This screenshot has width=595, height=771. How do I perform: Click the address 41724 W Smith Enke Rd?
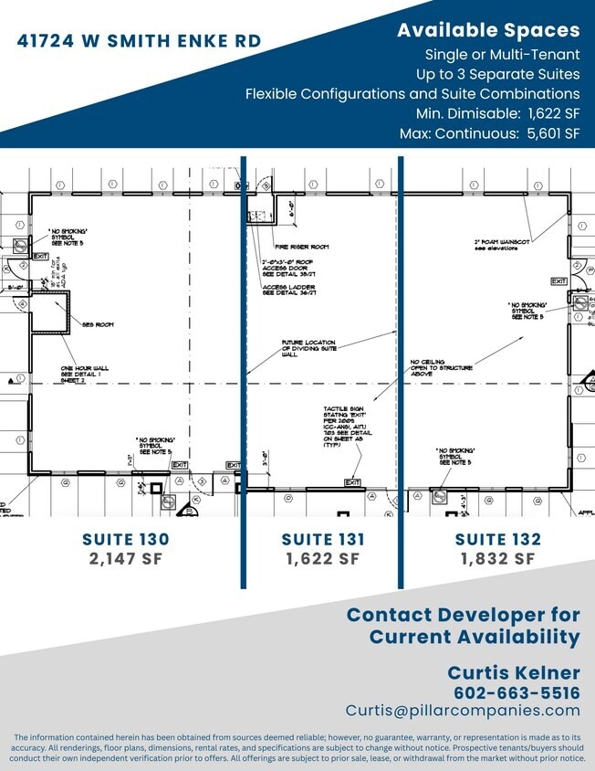point(140,40)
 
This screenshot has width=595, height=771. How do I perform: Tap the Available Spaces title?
point(487,30)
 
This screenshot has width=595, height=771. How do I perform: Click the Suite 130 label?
point(125,539)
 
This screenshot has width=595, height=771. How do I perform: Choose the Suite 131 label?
point(323,539)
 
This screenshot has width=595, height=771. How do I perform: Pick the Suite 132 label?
point(497,539)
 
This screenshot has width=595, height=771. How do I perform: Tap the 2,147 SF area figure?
point(125,558)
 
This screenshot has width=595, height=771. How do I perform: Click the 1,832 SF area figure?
point(497,558)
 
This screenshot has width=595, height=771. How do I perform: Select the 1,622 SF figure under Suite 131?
point(323,558)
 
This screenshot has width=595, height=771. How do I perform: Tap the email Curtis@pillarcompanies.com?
point(463,711)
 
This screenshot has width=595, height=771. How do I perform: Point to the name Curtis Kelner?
point(513,672)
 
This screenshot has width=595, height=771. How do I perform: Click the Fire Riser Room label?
point(300,247)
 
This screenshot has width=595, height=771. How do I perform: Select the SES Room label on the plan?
point(97,324)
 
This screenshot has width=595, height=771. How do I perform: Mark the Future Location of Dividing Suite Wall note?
point(308,348)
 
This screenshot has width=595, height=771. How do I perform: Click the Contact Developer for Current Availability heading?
point(463,626)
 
